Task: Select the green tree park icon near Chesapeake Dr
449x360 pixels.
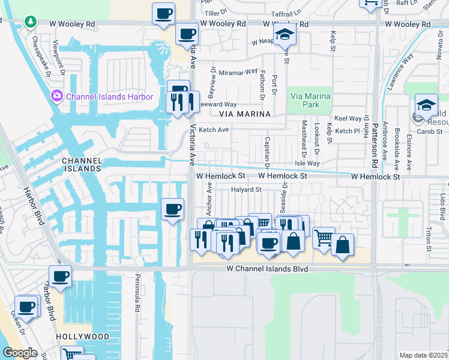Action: (30, 22)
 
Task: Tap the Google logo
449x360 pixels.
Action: (20, 352)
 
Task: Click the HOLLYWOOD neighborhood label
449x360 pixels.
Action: (83, 337)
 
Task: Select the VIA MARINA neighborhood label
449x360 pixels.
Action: (245, 113)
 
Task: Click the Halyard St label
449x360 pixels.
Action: (247, 190)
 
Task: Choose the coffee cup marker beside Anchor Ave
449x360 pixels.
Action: (173, 209)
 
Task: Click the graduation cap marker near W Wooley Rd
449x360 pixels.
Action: (285, 35)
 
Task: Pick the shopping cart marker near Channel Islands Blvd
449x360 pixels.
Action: (324, 238)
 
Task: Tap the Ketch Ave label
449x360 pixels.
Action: (214, 130)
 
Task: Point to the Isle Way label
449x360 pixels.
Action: (307, 163)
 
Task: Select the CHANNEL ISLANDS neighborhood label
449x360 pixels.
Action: (81, 165)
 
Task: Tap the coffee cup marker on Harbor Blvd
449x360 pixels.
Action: (60, 277)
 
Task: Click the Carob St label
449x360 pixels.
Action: (430, 131)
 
